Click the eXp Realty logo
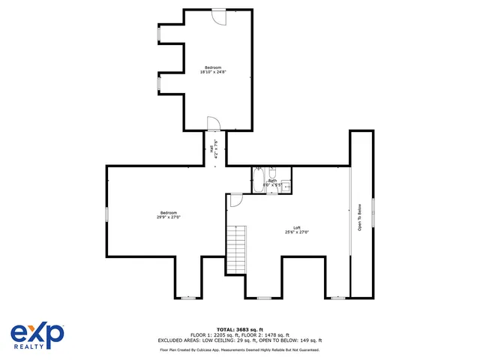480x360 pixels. click(37, 335)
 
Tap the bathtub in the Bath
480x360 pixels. click(257, 182)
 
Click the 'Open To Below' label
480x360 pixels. click(360, 217)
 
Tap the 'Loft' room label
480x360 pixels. click(297, 228)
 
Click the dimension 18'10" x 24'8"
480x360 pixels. click(214, 72)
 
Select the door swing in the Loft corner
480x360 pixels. click(235, 199)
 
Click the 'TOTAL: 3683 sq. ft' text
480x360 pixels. click(240, 329)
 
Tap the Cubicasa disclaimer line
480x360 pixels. click(240, 349)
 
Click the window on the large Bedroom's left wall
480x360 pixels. click(106, 214)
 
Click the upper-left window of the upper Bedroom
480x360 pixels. click(157, 33)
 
